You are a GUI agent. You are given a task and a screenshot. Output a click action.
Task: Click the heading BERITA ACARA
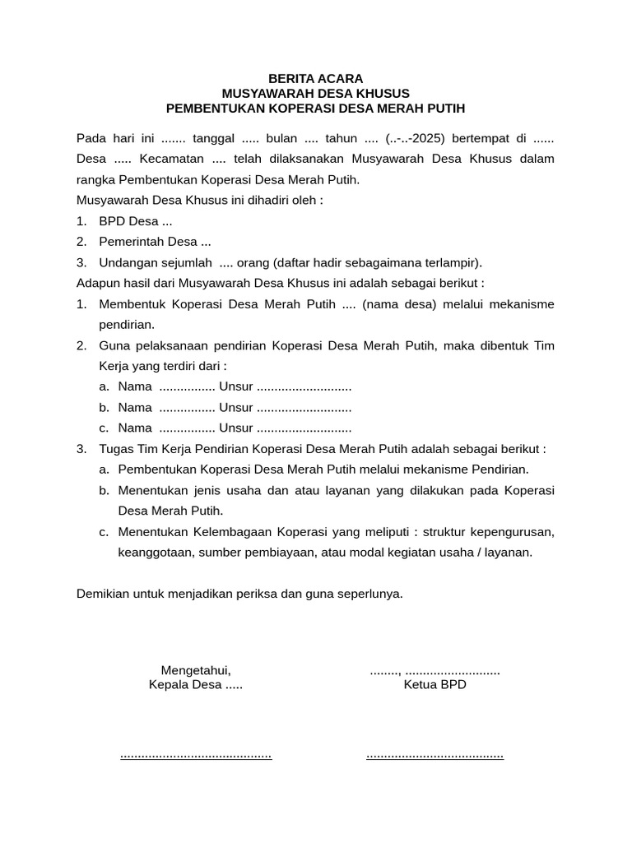point(315,78)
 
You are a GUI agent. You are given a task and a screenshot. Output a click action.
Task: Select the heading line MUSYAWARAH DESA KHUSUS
point(315,93)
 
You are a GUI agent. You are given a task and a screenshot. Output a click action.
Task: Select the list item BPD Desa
point(135,220)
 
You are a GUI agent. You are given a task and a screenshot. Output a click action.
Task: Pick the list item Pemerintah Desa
point(155,242)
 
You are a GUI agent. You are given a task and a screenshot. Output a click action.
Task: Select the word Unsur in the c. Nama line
point(235,428)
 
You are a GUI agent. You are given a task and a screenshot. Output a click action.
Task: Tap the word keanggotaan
point(156,553)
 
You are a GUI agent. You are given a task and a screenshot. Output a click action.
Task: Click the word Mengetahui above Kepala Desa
point(196,670)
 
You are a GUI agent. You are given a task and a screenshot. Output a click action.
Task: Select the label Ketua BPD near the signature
point(434,684)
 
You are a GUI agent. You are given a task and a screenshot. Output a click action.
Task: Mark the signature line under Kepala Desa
point(196,755)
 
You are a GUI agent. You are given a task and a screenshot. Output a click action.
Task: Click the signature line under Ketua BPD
point(434,755)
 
